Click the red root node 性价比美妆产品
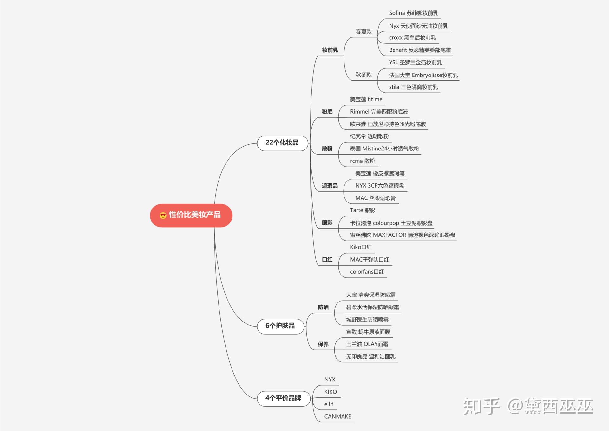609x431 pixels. point(191,215)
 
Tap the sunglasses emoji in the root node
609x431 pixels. point(163,215)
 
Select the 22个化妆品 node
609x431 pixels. point(282,143)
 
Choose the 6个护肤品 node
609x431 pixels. point(280,326)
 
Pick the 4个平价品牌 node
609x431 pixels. point(283,398)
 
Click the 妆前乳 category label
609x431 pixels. point(330,50)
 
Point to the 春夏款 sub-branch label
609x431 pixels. point(363,32)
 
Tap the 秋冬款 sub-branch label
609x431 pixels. point(363,75)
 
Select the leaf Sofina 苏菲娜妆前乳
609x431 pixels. point(414,13)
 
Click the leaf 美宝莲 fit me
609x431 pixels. point(366,99)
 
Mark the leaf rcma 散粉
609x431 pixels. point(362,161)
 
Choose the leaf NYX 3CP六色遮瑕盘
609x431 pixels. point(380,186)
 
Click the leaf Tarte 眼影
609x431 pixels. point(363,210)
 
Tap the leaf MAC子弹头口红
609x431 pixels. point(370,260)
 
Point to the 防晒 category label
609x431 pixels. point(323,307)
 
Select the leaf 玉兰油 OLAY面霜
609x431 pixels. point(367,344)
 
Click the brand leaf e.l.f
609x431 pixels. point(329,404)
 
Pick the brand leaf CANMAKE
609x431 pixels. point(337,416)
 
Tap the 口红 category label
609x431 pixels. point(327,260)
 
